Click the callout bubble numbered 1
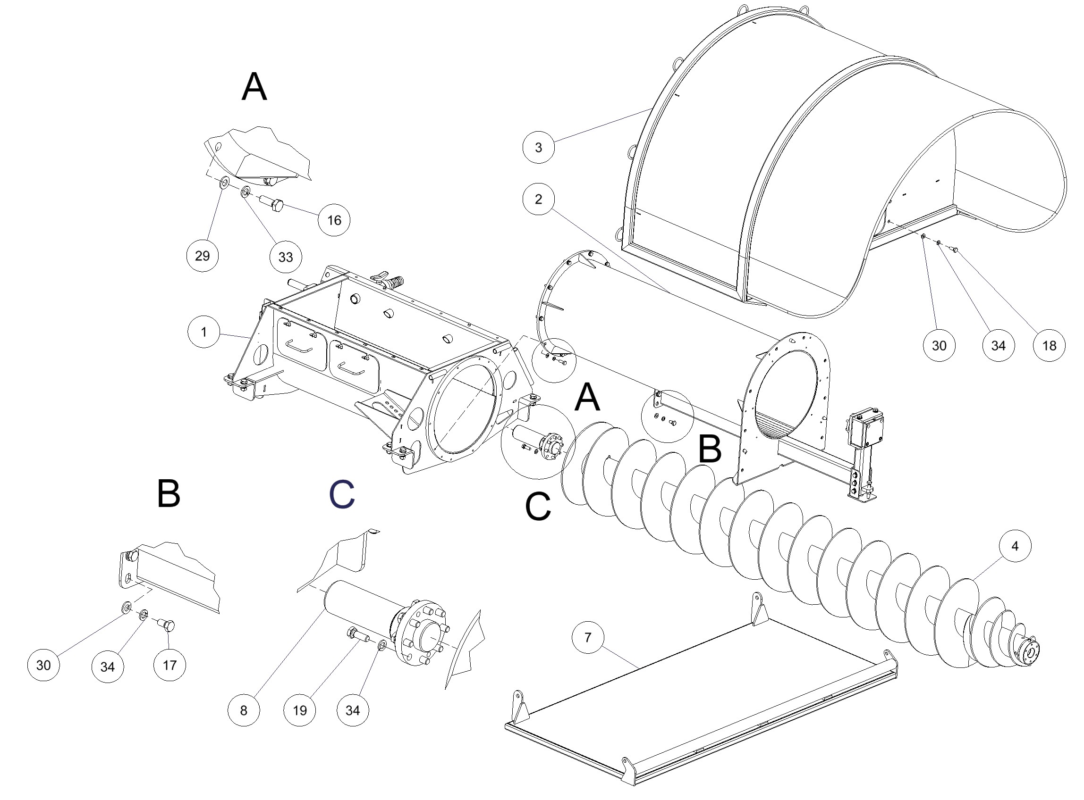204,332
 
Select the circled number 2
538,199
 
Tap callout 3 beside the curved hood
538,147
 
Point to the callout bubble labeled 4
1015,546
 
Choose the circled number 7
588,637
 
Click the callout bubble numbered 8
243,710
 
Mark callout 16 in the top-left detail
334,220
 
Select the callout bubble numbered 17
169,665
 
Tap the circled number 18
1049,345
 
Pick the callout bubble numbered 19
300,710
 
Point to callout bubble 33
286,257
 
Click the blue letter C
342,494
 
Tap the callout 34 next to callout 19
352,710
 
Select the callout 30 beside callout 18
939,345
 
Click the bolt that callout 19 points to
356,634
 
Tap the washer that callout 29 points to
225,183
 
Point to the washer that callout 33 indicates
245,192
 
